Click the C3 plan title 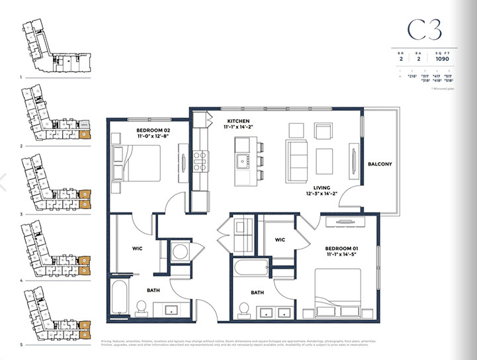click(423, 30)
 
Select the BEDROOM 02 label click(153, 131)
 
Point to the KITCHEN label click(238, 121)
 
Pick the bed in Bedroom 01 click(339, 287)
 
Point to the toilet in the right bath click(243, 310)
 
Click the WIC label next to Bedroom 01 click(280, 240)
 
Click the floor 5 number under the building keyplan click(22, 345)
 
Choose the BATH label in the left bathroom click(153, 289)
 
